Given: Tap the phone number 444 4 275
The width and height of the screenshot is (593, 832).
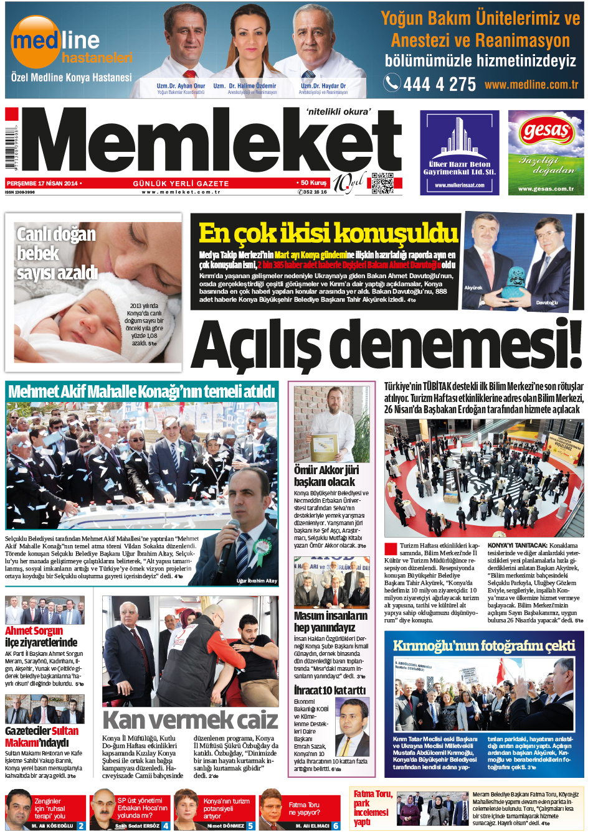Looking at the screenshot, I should tap(439, 84).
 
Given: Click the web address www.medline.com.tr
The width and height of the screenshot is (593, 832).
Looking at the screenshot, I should tap(531, 85).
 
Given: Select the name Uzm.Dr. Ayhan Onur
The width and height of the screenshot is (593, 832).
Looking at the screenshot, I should tap(181, 86).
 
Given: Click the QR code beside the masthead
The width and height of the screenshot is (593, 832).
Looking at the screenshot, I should tap(382, 183).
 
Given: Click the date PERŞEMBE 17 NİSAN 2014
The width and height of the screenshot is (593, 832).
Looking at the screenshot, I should tap(42, 184).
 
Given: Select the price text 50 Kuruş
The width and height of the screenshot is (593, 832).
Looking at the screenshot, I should tap(313, 183).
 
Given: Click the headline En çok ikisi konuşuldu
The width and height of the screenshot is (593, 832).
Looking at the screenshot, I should tap(328, 233).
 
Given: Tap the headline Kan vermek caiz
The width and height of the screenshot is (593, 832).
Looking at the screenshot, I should tap(190, 720).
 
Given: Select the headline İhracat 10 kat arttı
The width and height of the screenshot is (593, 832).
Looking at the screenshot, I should tap(330, 689).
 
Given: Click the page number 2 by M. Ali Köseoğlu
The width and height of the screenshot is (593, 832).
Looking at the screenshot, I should tap(81, 826).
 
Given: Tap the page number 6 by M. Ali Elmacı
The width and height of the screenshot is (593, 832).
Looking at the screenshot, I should tap(336, 826).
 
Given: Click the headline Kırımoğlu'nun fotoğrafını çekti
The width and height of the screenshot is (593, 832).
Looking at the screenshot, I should tap(484, 646).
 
